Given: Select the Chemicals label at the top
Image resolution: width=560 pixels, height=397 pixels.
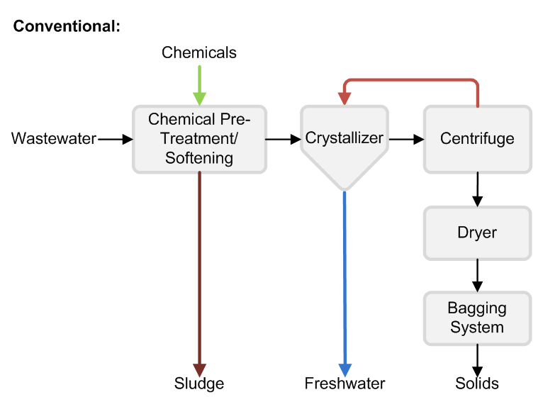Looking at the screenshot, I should tap(199, 52).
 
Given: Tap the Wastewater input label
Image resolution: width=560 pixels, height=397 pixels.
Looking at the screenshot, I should tap(54, 139).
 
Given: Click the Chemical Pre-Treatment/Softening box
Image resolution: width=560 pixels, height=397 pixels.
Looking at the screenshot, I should tap(199, 139).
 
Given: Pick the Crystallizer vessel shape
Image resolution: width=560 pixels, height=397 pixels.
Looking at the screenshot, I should tap(345, 142).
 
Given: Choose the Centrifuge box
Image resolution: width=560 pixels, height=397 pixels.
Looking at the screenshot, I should tap(477, 139).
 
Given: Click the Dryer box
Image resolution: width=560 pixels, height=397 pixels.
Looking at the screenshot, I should tap(477, 233).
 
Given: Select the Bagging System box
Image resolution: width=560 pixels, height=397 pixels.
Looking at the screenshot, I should tap(477, 318).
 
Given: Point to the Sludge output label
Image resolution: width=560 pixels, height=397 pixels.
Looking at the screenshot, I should tap(199, 384).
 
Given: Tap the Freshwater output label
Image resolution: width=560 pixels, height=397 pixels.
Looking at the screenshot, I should tap(345, 384).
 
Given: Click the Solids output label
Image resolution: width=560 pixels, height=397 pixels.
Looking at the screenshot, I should tap(477, 384).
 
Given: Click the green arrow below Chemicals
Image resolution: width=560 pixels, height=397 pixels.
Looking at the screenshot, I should tap(200, 85).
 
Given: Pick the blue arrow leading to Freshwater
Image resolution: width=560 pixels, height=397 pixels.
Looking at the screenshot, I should tap(345, 284).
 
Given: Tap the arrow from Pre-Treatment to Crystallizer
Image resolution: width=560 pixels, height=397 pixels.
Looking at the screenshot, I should tap(283, 139).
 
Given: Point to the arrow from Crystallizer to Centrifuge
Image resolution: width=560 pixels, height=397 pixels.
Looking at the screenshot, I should tap(406, 139).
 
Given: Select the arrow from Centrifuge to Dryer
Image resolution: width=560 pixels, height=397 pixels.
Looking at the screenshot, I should tap(477, 189).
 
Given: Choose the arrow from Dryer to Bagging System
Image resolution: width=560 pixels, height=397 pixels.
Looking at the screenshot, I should tap(477, 275).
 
